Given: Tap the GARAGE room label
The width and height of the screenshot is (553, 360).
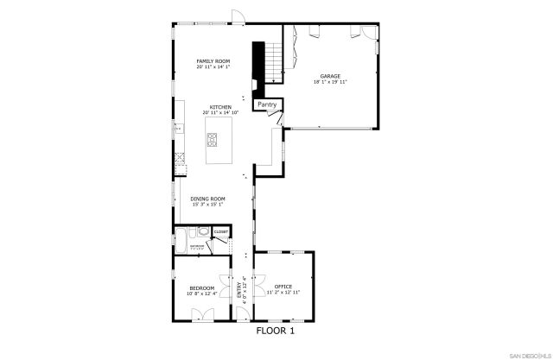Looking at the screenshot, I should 330,76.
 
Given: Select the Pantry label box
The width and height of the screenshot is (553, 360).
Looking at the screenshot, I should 267,104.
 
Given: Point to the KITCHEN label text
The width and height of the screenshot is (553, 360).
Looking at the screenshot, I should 220,107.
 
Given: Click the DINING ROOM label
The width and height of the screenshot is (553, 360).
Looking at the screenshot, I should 207,199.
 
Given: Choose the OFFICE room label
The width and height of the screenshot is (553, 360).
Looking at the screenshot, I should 283,286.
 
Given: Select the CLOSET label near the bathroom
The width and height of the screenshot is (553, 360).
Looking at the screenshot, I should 220,232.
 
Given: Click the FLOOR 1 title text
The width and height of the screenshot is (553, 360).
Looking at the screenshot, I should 276,331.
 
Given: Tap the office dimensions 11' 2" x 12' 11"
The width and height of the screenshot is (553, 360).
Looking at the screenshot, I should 283,294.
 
